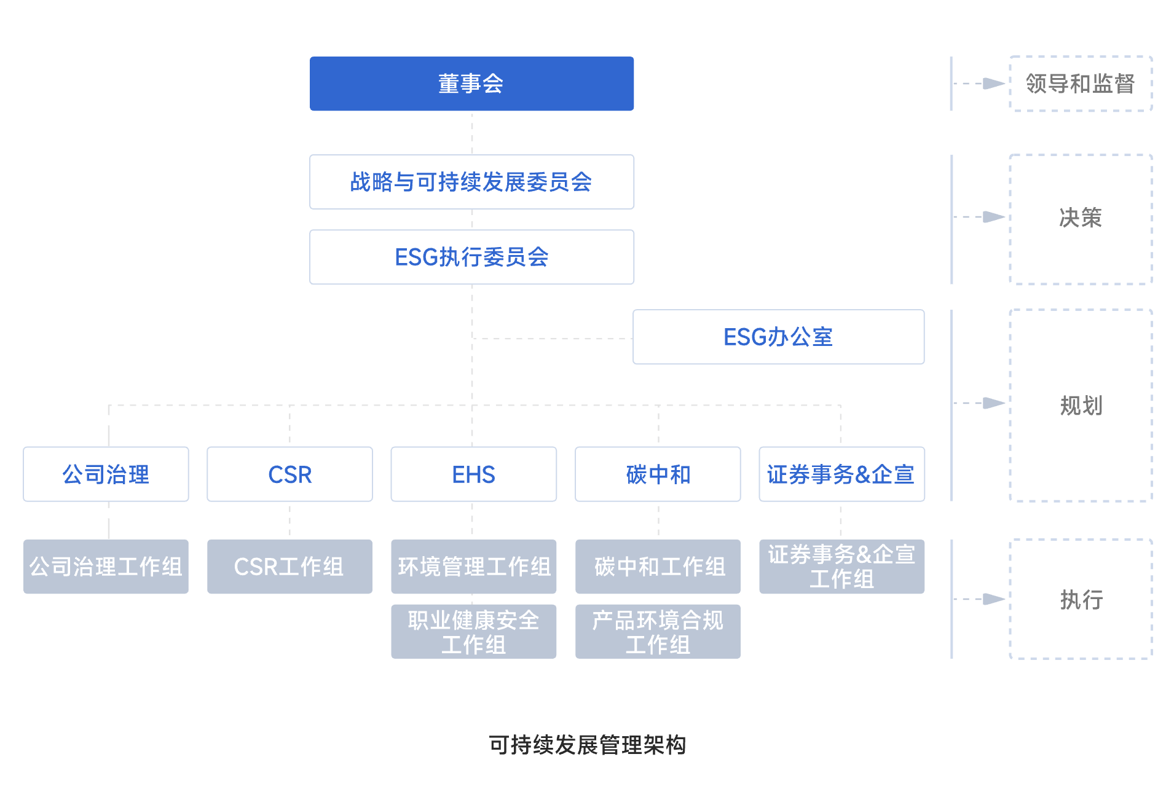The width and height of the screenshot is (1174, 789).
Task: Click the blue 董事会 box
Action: [x=471, y=84]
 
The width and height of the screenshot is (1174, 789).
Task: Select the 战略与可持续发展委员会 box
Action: [x=471, y=182]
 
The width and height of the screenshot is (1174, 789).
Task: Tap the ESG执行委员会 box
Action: [x=471, y=257]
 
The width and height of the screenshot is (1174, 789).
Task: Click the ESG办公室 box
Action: [x=778, y=337]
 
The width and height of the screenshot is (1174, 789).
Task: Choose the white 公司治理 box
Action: [x=106, y=474]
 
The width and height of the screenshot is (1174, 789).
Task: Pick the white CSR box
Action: [x=290, y=474]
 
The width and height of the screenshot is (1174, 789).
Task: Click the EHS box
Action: [x=473, y=474]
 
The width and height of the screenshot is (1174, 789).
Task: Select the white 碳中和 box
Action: [x=658, y=474]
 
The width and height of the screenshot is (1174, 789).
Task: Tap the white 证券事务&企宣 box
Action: [x=841, y=474]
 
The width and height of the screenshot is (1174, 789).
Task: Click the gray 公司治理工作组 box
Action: [x=106, y=567]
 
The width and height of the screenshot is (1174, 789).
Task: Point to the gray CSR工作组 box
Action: [x=290, y=567]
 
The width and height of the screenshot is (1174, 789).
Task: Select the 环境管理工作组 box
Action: [x=473, y=567]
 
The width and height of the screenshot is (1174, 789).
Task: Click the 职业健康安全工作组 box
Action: [x=473, y=632]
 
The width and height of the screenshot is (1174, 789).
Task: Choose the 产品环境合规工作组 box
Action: [x=658, y=632]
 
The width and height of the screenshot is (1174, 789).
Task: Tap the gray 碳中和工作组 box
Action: [x=658, y=567]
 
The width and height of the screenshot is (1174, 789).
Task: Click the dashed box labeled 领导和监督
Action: [x=1081, y=84]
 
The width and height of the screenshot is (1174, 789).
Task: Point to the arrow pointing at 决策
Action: [x=993, y=217]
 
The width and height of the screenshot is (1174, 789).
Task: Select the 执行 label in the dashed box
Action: [x=1081, y=599]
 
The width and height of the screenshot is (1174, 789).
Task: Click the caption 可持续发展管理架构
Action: [x=587, y=745]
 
